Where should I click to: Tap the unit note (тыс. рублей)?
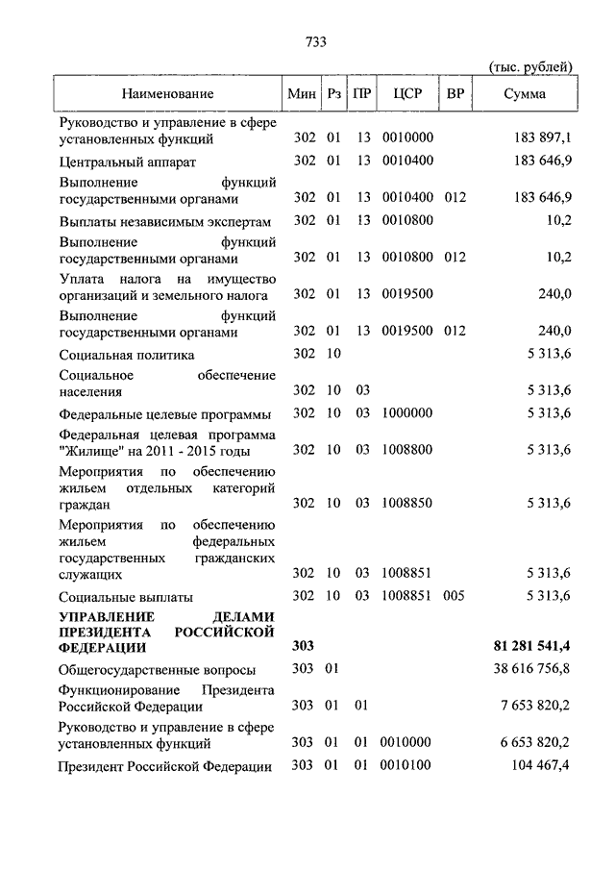(530, 66)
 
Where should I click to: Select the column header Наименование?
(167, 94)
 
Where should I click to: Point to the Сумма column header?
(525, 94)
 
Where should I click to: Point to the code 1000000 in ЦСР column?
(407, 413)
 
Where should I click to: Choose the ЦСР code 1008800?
(407, 450)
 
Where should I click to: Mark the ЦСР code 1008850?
(407, 503)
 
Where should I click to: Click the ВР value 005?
(455, 596)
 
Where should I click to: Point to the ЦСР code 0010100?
(407, 766)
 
